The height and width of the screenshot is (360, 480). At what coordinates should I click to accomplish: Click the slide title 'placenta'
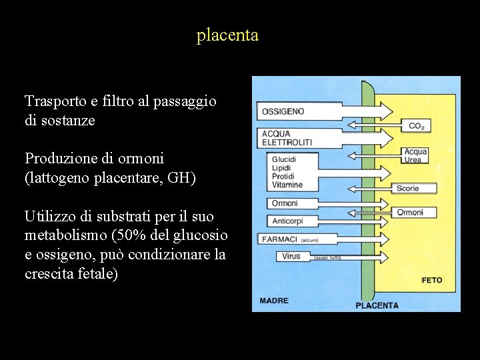[x=227, y=35]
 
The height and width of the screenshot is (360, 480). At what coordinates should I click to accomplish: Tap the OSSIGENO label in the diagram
[x=283, y=111]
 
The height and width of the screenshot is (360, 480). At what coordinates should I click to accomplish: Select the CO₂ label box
[x=416, y=125]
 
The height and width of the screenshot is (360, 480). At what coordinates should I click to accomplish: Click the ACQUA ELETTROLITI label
[x=286, y=138]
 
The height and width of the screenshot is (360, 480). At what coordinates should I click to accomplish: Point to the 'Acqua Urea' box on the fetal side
[x=415, y=155]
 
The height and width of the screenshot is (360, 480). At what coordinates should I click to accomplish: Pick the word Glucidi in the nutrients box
[x=284, y=160]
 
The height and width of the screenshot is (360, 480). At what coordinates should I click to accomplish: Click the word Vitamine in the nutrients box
[x=287, y=185]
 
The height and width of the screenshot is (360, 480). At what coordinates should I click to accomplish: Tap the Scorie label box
[x=408, y=189]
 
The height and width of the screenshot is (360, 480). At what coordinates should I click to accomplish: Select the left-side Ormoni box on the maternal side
[x=285, y=203]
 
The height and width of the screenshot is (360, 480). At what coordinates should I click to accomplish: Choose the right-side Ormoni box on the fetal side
[x=410, y=213]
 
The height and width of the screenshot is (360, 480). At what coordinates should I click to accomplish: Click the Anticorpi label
[x=287, y=221]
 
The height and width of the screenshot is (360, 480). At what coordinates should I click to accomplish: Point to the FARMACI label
[x=280, y=239]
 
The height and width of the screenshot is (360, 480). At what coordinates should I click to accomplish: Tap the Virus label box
[x=291, y=256]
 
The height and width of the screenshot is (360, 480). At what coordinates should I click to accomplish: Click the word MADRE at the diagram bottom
[x=274, y=301]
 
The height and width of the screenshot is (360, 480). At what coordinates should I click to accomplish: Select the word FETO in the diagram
[x=431, y=280]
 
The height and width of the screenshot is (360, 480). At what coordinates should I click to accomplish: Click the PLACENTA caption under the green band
[x=377, y=305]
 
